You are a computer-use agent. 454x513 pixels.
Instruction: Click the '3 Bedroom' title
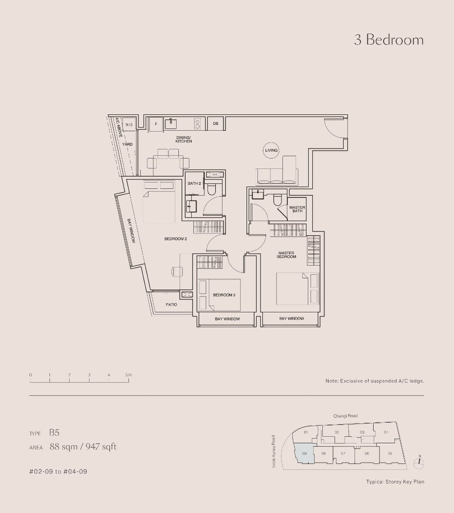click(389, 40)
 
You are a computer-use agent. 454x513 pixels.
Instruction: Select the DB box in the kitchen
click(215, 123)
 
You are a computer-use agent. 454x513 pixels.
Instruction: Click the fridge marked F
click(156, 123)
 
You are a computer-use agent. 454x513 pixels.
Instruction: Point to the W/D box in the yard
click(129, 124)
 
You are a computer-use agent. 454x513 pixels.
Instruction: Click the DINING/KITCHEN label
click(183, 139)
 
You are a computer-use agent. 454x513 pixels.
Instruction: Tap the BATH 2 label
click(194, 183)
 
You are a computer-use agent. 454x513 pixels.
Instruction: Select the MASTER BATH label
click(297, 209)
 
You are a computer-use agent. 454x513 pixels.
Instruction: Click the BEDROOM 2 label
click(176, 239)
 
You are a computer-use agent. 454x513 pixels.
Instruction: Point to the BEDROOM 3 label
click(224, 295)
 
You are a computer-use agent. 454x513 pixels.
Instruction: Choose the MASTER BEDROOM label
click(286, 255)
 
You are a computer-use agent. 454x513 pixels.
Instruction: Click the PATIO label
click(171, 305)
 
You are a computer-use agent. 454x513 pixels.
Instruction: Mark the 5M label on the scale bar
click(128, 375)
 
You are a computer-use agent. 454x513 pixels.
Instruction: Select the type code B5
click(54, 433)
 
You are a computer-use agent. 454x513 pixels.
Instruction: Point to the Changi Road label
click(345, 416)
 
